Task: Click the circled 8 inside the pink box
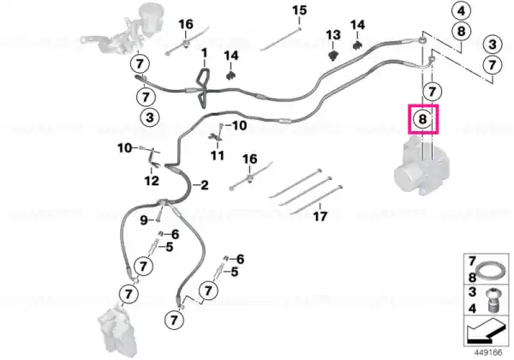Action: coord(422,118)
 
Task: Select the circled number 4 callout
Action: coord(461,11)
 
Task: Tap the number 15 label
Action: coord(300,10)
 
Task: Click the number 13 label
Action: coord(333,35)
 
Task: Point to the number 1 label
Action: coord(204,53)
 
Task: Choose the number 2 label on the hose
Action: coord(204,185)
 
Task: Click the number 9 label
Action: coord(144,220)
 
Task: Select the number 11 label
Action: coord(218,155)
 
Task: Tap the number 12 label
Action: coord(152,181)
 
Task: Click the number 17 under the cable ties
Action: coord(320,216)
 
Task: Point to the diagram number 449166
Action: coord(488,353)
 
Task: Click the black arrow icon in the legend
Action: coord(486,333)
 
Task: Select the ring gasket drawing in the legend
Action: coord(490,272)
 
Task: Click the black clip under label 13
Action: coord(333,55)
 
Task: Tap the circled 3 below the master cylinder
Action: coord(150,117)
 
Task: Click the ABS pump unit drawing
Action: coord(421,166)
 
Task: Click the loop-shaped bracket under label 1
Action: coord(202,87)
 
